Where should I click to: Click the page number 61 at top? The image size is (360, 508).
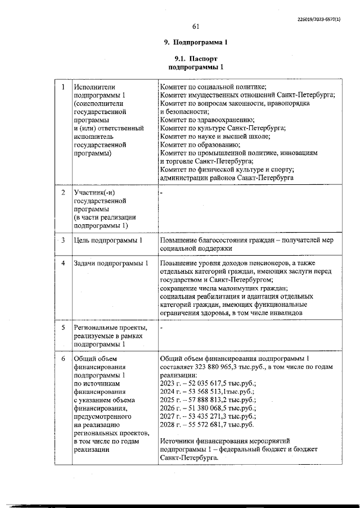196,26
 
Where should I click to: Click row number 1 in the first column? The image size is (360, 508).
62,87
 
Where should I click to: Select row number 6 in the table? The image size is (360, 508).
63,359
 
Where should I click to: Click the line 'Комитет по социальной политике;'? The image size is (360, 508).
213,87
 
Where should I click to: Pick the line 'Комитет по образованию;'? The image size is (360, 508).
200,144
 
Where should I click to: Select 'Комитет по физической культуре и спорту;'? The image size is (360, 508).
227,170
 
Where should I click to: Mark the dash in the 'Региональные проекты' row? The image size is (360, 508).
161,326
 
